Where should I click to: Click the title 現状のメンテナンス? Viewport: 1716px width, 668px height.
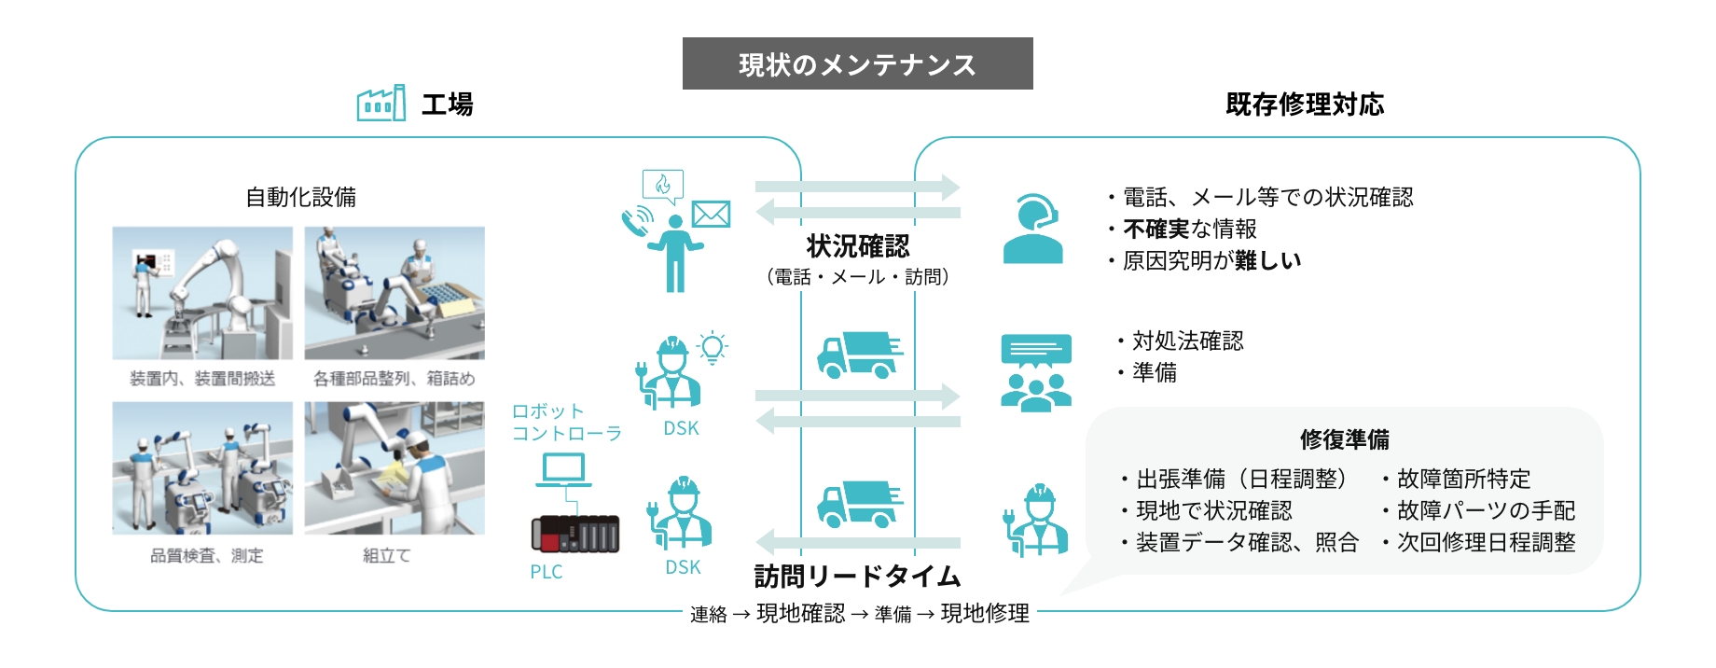(857, 64)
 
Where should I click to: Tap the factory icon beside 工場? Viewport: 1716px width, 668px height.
(381, 104)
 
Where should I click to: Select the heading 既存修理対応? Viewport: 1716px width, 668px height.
(1305, 104)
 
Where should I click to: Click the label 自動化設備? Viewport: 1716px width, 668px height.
(300, 197)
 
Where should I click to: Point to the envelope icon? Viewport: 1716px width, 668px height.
(711, 215)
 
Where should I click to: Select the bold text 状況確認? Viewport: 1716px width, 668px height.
(857, 246)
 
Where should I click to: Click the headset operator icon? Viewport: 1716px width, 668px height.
(1033, 230)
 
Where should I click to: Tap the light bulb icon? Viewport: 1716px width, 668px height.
(713, 348)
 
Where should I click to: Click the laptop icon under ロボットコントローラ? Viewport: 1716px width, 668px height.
(563, 470)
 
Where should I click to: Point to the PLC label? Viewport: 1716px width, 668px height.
(547, 572)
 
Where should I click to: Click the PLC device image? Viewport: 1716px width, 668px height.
(574, 534)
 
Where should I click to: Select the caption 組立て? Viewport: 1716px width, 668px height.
(387, 556)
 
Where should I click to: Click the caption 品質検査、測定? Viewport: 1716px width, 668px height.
(207, 556)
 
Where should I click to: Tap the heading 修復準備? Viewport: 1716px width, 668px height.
(1344, 439)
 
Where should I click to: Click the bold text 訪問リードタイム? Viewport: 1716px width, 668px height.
(857, 577)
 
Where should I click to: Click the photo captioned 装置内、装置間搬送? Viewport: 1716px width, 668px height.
(202, 293)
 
